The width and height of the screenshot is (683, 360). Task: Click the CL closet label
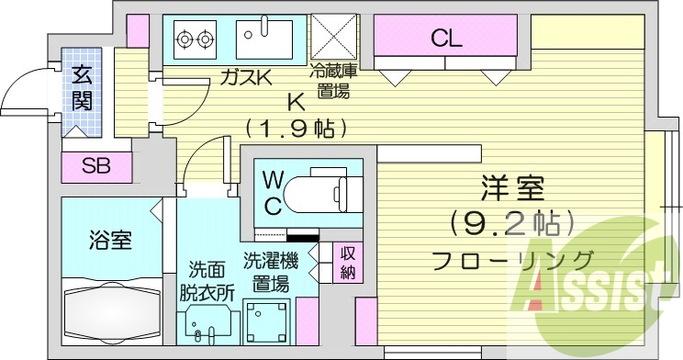tap(446, 39)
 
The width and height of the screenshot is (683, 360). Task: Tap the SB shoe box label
tap(95, 166)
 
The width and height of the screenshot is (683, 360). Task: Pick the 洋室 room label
tap(512, 191)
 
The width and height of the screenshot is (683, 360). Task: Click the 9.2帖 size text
tap(512, 222)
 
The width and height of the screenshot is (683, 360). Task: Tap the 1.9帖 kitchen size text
tap(296, 128)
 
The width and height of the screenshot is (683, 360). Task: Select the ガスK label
tap(246, 79)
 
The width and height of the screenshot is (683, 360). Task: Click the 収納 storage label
tap(349, 263)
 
